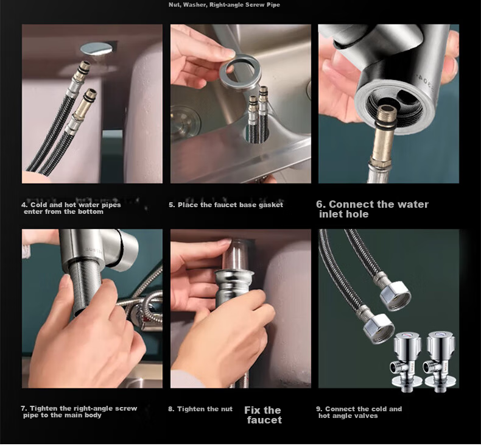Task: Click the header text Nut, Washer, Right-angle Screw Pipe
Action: [224, 5]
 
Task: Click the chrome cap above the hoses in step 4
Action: [96, 49]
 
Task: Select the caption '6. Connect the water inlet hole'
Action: [372, 209]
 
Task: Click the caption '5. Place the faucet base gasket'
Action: [226, 205]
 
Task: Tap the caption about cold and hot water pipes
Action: [71, 208]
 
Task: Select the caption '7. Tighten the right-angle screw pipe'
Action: [79, 412]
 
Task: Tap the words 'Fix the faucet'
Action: [263, 415]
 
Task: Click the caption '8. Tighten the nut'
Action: [200, 409]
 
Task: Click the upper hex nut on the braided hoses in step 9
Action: [395, 296]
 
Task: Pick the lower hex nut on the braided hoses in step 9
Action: [378, 328]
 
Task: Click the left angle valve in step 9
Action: [407, 362]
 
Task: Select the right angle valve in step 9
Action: [440, 362]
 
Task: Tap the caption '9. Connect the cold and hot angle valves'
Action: [359, 412]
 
